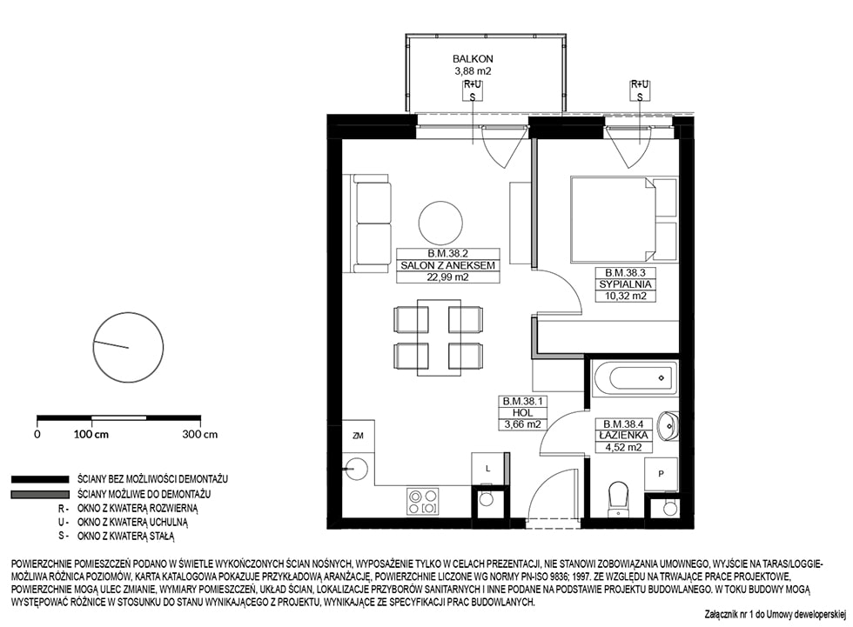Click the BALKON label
(473, 58)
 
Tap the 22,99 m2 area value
(448, 277)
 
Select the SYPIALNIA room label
(625, 284)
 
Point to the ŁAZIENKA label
(623, 435)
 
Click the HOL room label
(522, 413)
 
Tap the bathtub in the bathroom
(635, 378)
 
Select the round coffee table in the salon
(440, 223)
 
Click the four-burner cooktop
(423, 502)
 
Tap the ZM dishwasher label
(358, 436)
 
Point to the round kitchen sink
(356, 468)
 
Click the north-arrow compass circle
(129, 347)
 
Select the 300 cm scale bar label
(199, 434)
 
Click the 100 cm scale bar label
(91, 434)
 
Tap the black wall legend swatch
(40, 479)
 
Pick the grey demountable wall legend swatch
(40, 495)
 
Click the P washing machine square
(661, 474)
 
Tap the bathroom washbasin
(668, 425)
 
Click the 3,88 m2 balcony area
(473, 70)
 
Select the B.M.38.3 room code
(625, 273)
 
